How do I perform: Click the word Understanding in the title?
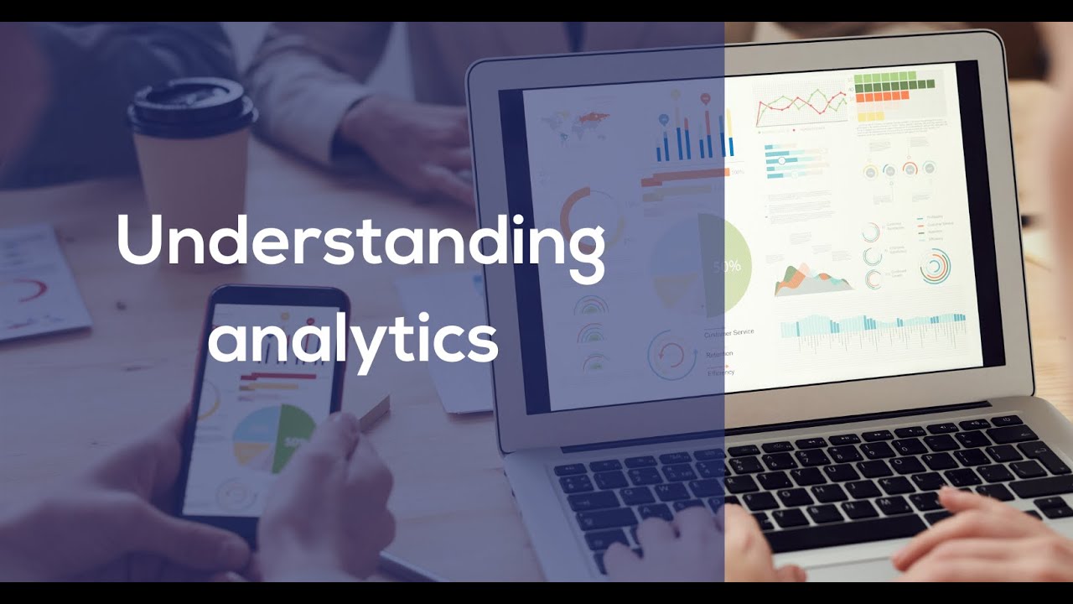pyautogui.click(x=360, y=241)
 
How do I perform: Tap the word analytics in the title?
pyautogui.click(x=352, y=340)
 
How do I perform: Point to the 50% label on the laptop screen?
pyautogui.click(x=727, y=266)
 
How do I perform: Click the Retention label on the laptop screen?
pyautogui.click(x=719, y=354)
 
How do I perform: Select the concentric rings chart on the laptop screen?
pyautogui.click(x=934, y=267)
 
